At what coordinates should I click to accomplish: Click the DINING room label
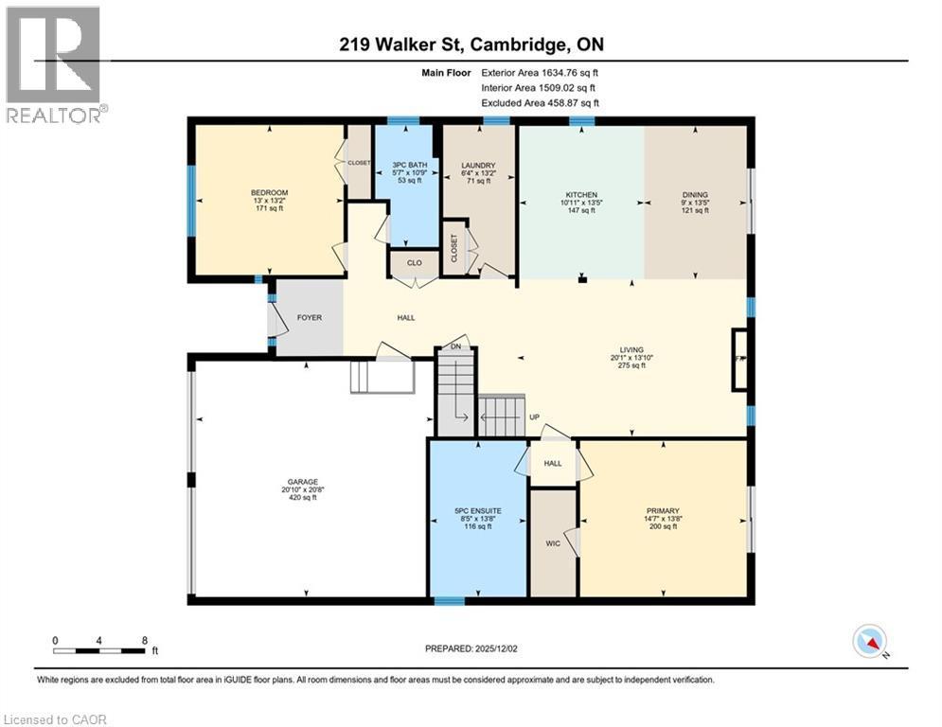point(694,195)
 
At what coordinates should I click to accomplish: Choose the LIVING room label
point(631,350)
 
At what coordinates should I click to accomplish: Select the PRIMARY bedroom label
point(664,511)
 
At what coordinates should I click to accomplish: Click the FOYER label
point(310,318)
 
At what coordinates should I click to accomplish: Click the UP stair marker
point(534,417)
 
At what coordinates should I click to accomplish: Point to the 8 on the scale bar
point(144,640)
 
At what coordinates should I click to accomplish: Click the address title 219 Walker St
point(470,44)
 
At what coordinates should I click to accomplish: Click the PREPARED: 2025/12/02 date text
point(473,648)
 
